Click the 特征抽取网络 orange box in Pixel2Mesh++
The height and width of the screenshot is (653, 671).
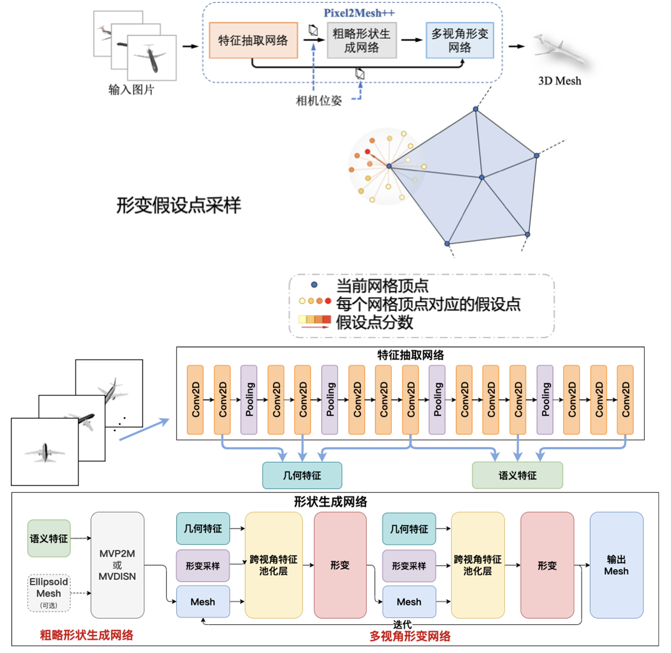[253, 41]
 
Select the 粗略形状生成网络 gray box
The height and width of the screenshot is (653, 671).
[362, 41]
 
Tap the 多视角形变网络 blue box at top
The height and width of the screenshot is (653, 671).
[460, 41]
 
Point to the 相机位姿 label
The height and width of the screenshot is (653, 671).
[319, 101]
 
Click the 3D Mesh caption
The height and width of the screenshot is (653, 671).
[560, 81]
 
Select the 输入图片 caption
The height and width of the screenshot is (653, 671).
[131, 90]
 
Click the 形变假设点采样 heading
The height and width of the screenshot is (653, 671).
[179, 206]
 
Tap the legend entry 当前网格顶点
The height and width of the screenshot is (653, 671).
[382, 286]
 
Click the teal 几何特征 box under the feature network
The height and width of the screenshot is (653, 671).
[302, 475]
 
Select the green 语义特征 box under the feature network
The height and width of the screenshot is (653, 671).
[517, 475]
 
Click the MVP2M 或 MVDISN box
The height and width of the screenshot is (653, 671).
[117, 565]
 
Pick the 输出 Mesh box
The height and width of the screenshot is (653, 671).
[617, 565]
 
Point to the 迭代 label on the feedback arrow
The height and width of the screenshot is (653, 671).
[402, 624]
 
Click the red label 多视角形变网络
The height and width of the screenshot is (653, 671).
[410, 637]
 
